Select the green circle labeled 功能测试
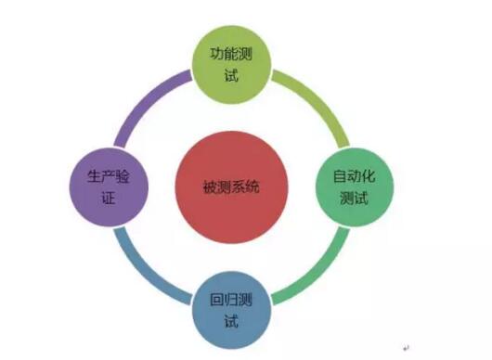(x=231, y=62)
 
